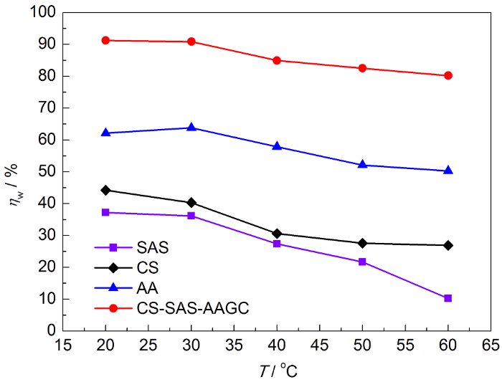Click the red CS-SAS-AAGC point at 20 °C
pos(105,40)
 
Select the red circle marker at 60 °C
pos(448,75)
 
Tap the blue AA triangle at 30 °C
pos(191,128)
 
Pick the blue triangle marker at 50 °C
pos(362,165)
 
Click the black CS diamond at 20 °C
pos(105,190)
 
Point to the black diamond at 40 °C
pos(277,234)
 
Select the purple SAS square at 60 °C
pos(448,298)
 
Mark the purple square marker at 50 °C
pos(362,262)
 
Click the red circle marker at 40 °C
pos(277,60)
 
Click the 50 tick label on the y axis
pos(47,171)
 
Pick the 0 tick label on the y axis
pos(51,330)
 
